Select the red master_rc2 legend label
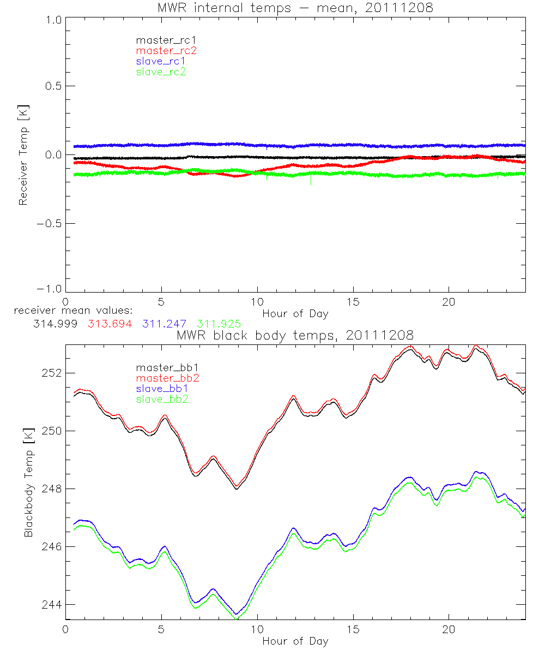pos(166,50)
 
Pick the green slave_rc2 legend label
pos(161,72)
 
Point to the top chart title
pos(295,8)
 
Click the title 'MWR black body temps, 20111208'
pos(295,335)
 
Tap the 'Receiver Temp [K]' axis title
pos(23,155)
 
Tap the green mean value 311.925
pos(219,323)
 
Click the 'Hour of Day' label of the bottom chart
pos(295,641)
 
